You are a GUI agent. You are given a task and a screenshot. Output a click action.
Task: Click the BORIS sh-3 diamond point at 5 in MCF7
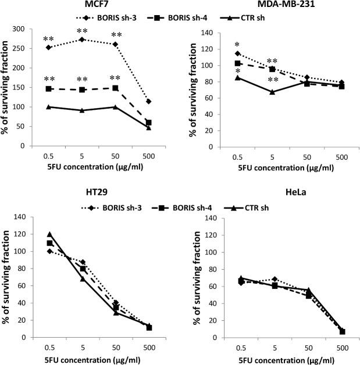(x=82, y=40)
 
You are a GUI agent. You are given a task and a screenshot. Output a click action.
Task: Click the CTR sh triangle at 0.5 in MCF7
(x=49, y=107)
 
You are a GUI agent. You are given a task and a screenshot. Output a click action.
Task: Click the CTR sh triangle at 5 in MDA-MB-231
(x=272, y=91)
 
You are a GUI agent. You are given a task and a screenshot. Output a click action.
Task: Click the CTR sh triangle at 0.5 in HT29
(x=49, y=234)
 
